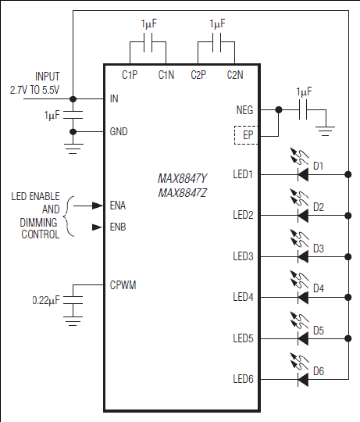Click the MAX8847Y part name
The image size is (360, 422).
(x=183, y=178)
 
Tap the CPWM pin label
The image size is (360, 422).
(x=123, y=285)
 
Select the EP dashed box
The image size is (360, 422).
(x=246, y=135)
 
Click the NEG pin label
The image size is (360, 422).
(x=244, y=110)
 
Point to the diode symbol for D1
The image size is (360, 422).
(x=303, y=175)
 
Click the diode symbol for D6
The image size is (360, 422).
(x=303, y=380)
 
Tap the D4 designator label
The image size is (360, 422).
(x=319, y=288)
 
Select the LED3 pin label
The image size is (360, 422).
(x=244, y=256)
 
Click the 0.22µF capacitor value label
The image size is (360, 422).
(x=46, y=300)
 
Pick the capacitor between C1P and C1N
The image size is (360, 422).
(x=148, y=42)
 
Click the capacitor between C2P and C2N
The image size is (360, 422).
(x=216, y=42)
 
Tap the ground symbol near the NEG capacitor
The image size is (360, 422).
(x=326, y=131)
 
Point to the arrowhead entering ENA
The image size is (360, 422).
(x=98, y=206)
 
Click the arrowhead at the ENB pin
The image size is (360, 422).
(x=98, y=227)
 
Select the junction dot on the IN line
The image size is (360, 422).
(x=73, y=99)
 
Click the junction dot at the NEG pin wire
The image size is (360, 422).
(x=279, y=110)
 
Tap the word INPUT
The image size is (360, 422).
(x=48, y=77)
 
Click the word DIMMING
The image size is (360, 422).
(x=38, y=223)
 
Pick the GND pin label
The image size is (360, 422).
(x=119, y=131)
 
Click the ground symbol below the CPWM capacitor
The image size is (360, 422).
(x=73, y=321)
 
